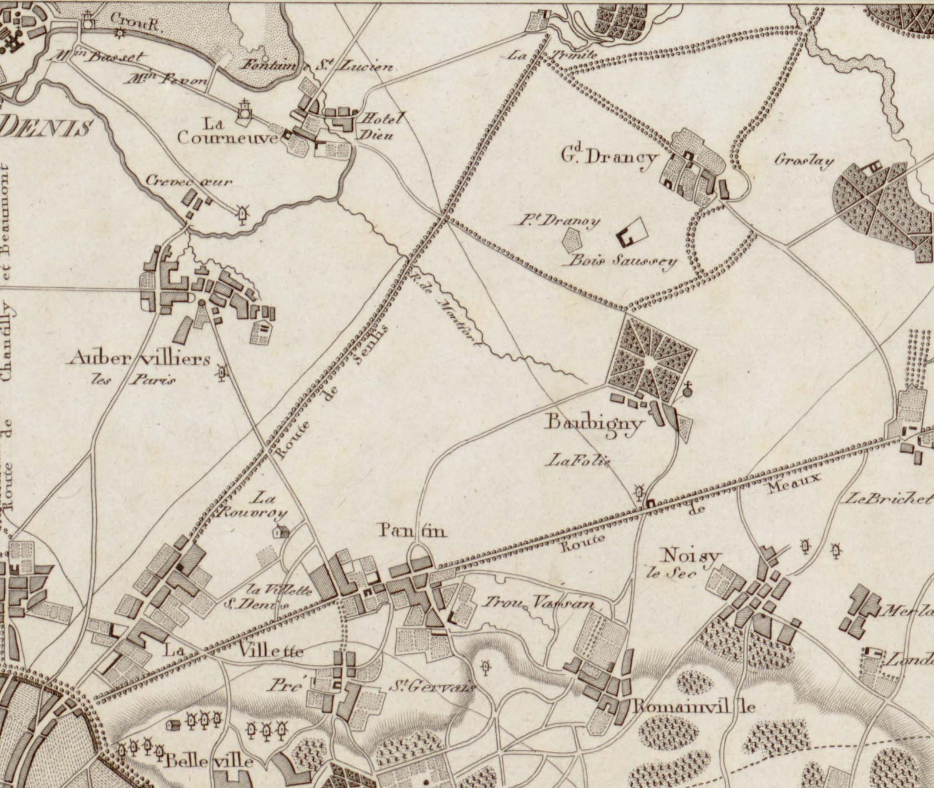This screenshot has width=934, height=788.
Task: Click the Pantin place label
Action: point(412,531)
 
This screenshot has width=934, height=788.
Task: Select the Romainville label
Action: point(692,707)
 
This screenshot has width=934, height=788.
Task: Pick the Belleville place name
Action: point(209,761)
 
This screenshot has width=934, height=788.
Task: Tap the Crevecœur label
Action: point(189,182)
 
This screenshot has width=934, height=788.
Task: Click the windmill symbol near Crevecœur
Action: point(242,215)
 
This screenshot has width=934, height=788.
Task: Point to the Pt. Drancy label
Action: point(559,221)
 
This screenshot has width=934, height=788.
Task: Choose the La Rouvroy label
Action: point(253,506)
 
